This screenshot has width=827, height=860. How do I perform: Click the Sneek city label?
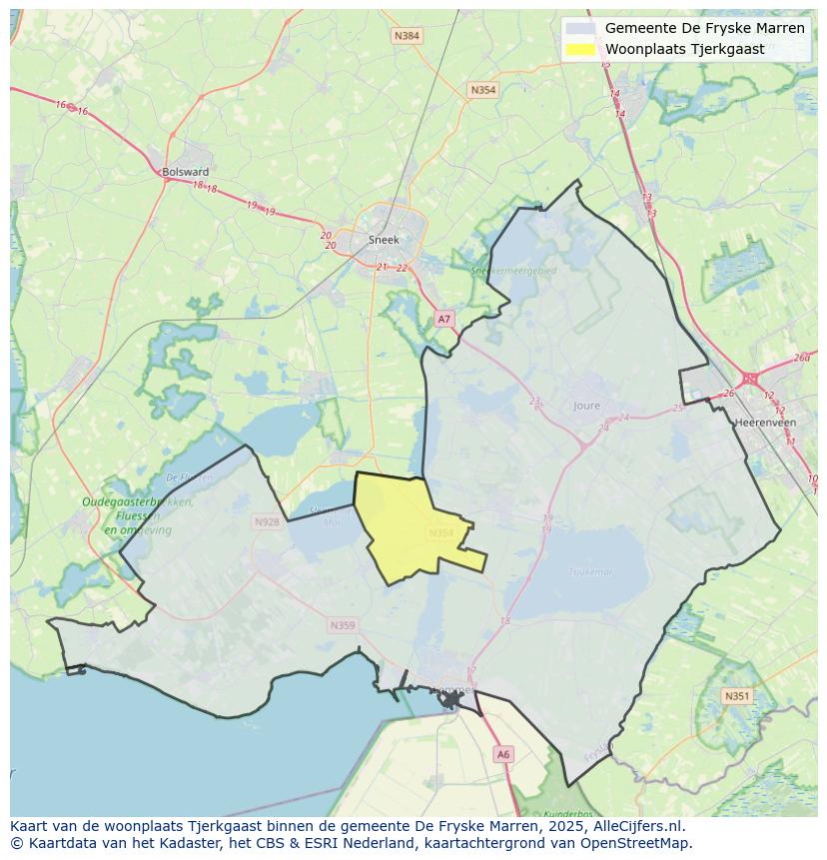(x=383, y=240)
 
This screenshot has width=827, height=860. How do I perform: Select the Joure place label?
(x=587, y=406)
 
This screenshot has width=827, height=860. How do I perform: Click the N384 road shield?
(x=407, y=36)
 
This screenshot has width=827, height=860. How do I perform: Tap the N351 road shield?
(x=736, y=696)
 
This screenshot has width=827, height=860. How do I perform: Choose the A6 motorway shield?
(x=502, y=755)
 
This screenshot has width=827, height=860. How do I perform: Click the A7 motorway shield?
(x=444, y=319)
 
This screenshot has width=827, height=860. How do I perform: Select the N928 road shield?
(x=267, y=521)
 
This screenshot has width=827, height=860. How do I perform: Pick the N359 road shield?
(x=342, y=625)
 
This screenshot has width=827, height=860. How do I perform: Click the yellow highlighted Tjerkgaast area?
(x=405, y=524)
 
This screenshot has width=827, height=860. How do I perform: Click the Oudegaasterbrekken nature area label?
(x=138, y=502)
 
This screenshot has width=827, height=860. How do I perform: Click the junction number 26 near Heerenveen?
(x=728, y=393)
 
